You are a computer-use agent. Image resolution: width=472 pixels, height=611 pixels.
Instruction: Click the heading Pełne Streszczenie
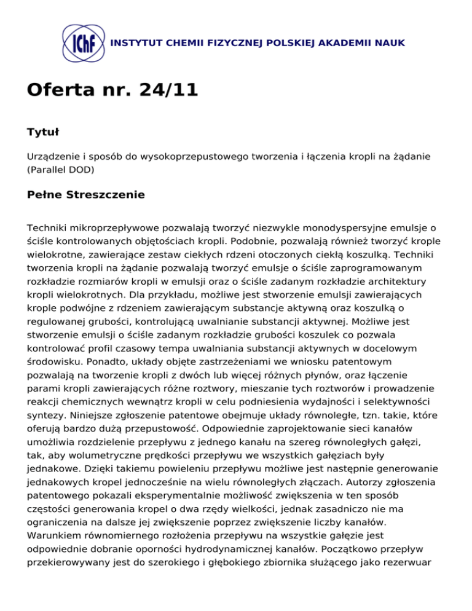(86, 195)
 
